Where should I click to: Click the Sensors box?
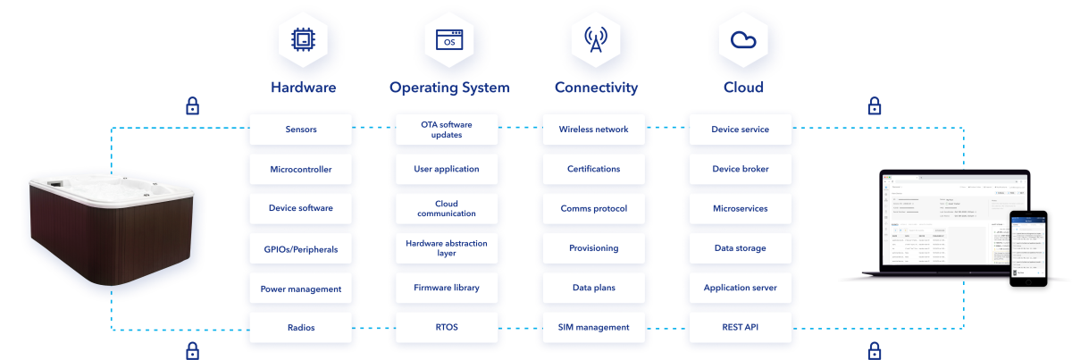301,130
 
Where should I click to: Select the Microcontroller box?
301,169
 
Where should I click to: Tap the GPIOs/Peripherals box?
301,248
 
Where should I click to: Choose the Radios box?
301,328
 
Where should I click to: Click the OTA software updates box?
446,130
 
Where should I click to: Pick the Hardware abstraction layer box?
446,248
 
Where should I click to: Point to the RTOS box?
446,328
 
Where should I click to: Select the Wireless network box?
593,130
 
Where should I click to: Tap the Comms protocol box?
593,209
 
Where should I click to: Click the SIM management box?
593,328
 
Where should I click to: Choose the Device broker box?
740,169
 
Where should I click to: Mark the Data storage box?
740,248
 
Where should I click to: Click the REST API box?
740,328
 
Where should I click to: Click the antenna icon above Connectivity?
596,39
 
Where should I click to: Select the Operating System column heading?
449,88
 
